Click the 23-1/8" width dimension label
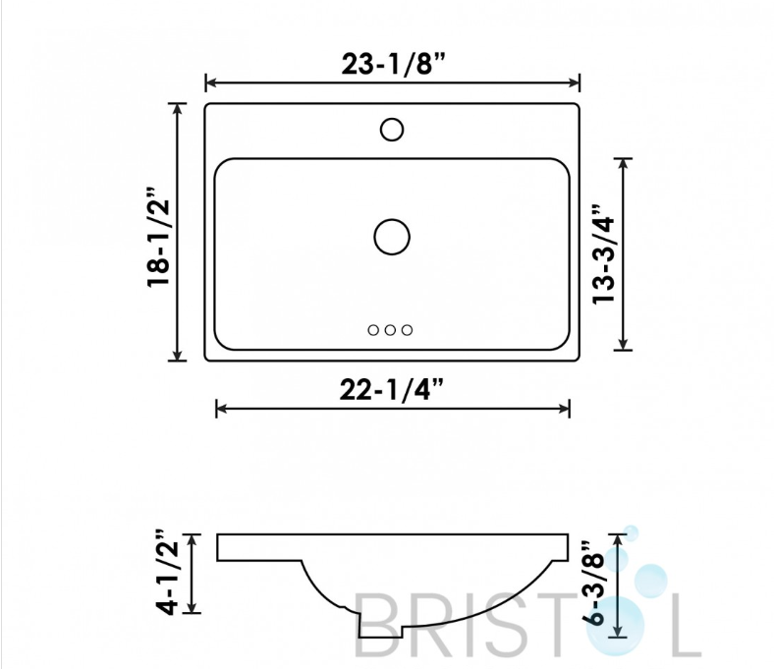(393, 64)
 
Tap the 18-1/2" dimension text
(158, 237)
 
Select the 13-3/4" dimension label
(603, 253)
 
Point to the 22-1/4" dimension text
(392, 390)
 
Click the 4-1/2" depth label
(167, 573)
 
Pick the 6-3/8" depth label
(592, 584)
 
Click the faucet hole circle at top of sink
(392, 130)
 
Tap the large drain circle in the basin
(392, 237)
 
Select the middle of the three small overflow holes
(390, 330)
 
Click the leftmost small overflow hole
(373, 330)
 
